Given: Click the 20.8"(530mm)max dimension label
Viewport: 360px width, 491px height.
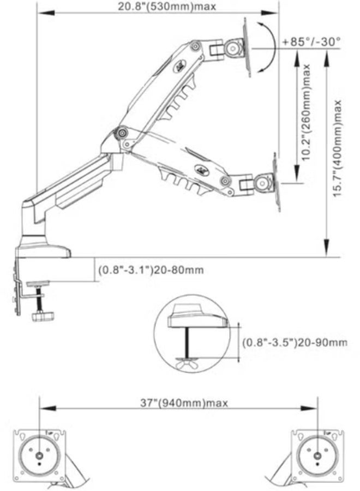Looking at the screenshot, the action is [x=167, y=6].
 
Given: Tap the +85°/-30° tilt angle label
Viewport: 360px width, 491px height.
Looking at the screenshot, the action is [x=311, y=41].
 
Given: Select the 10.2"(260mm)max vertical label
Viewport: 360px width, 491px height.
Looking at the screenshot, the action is [x=305, y=112].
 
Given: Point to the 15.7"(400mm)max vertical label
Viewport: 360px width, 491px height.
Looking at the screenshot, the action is [x=337, y=148].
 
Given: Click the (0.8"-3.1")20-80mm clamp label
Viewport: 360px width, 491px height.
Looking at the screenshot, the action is [x=151, y=270].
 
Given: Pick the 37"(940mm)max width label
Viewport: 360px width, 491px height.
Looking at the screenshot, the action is [x=184, y=403].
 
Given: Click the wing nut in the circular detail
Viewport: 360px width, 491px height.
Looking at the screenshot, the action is [x=188, y=364].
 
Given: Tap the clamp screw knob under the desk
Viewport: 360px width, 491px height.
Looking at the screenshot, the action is [x=43, y=316].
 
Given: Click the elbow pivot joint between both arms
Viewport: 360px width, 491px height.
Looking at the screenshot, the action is [x=122, y=133].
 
